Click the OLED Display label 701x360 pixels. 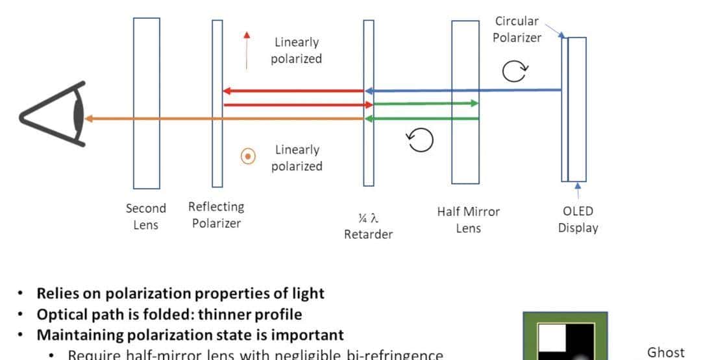(578, 219)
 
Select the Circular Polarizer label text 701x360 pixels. (517, 29)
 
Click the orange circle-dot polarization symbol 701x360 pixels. (247, 156)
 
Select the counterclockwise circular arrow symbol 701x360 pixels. (419, 139)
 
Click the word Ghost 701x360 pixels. (665, 352)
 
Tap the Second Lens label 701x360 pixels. (145, 217)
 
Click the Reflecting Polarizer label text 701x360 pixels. (216, 215)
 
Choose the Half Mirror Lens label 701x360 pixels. (468, 219)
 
